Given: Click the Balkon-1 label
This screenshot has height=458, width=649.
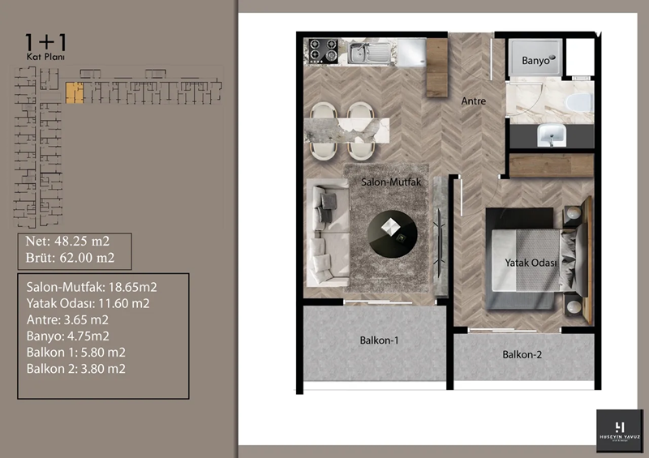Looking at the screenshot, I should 379,340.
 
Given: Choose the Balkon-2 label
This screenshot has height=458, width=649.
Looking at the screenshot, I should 522,354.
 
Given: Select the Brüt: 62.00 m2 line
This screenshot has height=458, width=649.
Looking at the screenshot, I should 70,259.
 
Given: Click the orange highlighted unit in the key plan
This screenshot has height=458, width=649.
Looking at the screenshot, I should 75,93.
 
